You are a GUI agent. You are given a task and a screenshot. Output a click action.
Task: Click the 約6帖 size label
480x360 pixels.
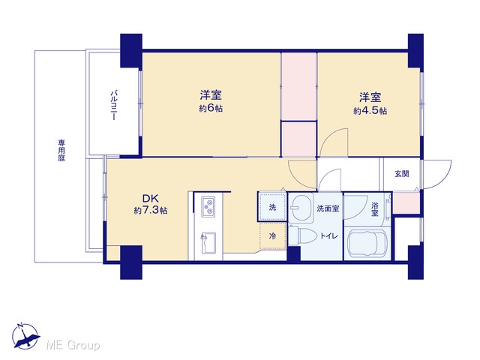pyautogui.click(x=211, y=109)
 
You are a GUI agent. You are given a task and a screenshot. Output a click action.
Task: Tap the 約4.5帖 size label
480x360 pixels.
pyautogui.click(x=370, y=110)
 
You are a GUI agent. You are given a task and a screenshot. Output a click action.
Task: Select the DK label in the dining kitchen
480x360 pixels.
pyautogui.click(x=150, y=198)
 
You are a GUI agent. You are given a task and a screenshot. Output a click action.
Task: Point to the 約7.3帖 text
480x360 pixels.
pyautogui.click(x=150, y=210)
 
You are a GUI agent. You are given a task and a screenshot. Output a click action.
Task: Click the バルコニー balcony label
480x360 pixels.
pyautogui.click(x=113, y=105)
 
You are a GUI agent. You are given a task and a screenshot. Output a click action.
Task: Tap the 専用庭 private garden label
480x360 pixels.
pyautogui.click(x=61, y=150)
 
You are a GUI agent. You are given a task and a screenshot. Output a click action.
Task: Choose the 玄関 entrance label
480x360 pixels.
pyautogui.click(x=402, y=173)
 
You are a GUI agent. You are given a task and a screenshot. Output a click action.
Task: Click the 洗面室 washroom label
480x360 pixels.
pyautogui.click(x=328, y=208)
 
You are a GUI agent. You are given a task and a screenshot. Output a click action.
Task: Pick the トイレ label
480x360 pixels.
pyautogui.click(x=329, y=236)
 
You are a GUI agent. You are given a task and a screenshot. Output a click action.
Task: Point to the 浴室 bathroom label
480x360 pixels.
pyautogui.click(x=375, y=208)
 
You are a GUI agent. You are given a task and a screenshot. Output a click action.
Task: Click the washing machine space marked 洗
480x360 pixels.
pyautogui.click(x=272, y=207)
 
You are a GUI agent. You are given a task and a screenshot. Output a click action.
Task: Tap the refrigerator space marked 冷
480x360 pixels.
pyautogui.click(x=272, y=236)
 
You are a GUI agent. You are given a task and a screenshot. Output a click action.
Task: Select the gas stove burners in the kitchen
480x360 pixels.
pyautogui.click(x=208, y=207)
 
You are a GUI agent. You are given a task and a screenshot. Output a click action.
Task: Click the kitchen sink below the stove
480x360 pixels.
pyautogui.click(x=208, y=243)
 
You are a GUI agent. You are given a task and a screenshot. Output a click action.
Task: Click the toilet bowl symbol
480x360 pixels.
pyautogui.click(x=303, y=235)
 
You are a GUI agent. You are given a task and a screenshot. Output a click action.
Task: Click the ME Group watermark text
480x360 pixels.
pyautogui.click(x=73, y=345)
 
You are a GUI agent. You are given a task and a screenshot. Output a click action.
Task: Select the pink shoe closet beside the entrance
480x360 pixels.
pyautogui.click(x=406, y=202)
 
